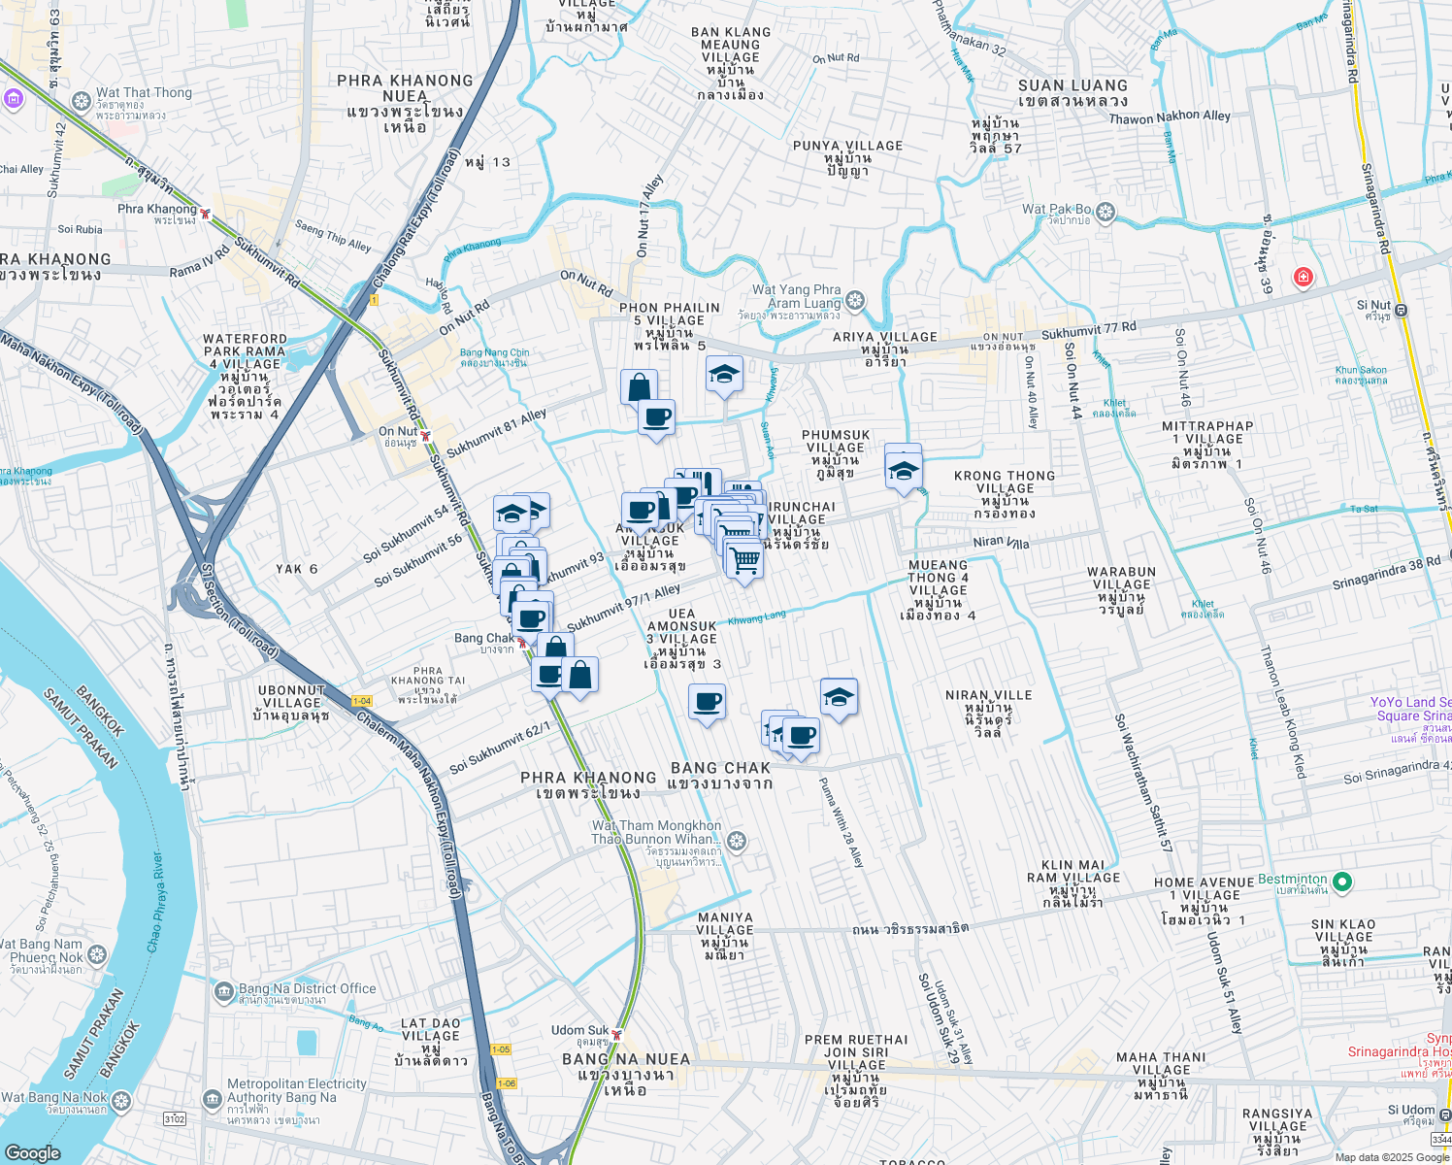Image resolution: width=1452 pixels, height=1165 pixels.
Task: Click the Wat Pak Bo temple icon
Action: (1106, 211)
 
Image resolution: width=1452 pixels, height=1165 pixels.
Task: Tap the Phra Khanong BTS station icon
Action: (205, 212)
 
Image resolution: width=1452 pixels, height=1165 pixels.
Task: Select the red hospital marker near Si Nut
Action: (1303, 279)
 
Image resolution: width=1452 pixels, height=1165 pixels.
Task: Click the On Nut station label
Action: (398, 432)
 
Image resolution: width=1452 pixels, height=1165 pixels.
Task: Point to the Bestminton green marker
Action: (1342, 882)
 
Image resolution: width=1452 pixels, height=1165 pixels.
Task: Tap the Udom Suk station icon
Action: (616, 1033)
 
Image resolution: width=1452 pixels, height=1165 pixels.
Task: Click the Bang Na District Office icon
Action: (224, 992)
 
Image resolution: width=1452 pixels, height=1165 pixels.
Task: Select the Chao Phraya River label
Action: (155, 903)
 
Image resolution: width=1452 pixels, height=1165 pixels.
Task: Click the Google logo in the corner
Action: (32, 1152)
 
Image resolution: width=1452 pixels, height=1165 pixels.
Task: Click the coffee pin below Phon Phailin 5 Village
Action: (657, 417)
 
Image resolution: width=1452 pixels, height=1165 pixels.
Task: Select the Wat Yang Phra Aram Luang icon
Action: (855, 300)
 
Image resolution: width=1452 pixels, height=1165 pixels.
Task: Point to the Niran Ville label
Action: (988, 695)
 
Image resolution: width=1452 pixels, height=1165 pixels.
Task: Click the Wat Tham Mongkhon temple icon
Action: (737, 841)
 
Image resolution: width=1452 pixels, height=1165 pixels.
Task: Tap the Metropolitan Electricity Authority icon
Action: (213, 1099)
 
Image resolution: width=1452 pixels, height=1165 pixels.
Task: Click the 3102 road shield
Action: (174, 1118)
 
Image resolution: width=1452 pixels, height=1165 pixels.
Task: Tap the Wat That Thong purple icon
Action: (13, 98)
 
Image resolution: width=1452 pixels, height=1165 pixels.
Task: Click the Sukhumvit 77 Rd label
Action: (1088, 331)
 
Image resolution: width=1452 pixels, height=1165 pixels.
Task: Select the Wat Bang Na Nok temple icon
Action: (121, 1100)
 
